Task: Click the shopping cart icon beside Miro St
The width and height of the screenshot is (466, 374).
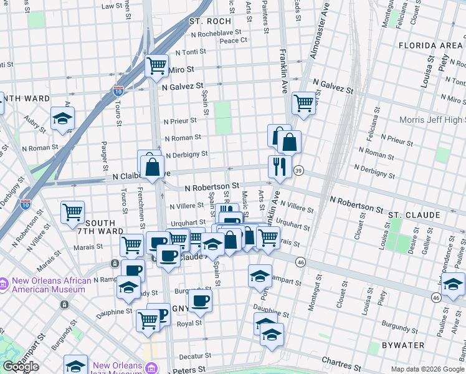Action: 156,65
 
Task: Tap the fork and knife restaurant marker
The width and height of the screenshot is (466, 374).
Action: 280,166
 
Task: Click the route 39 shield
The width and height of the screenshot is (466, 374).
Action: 299,171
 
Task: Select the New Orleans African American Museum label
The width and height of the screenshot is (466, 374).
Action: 48,284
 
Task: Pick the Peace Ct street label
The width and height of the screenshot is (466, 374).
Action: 234,40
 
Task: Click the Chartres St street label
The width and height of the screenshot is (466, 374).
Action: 341,361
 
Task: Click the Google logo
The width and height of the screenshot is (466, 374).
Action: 21,367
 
